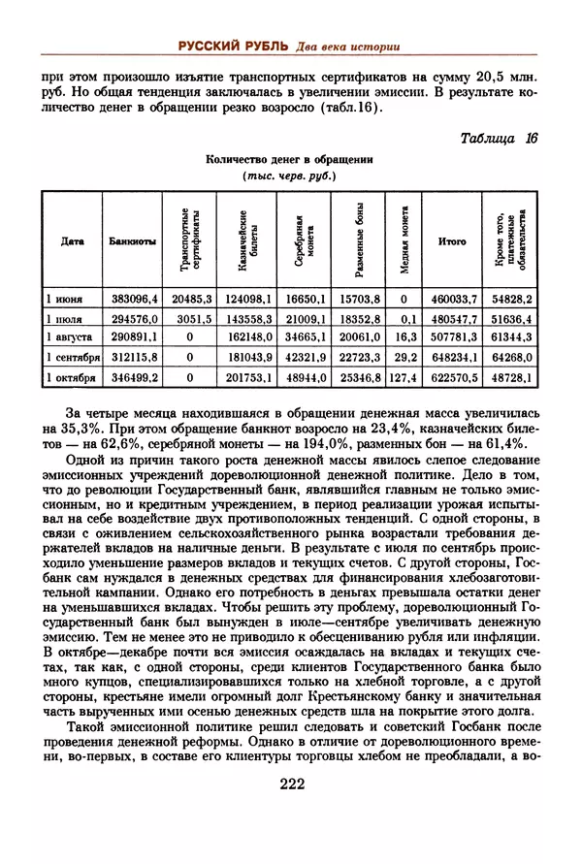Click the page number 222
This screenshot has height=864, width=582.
291,784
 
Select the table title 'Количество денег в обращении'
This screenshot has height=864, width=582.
291,160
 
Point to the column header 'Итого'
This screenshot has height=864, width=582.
451,241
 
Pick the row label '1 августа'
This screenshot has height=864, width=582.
69,337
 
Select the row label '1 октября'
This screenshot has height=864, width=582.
71,376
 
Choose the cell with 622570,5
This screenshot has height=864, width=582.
453,376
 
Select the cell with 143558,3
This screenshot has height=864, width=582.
245,318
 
